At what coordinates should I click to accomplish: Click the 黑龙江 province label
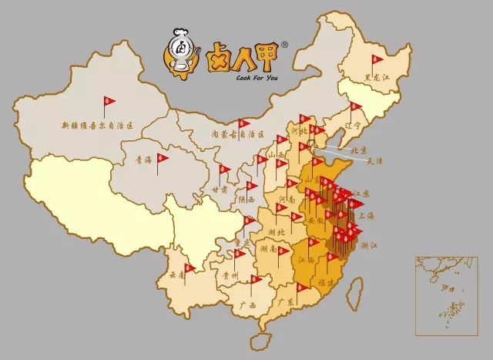pyautogui.click(x=378, y=78)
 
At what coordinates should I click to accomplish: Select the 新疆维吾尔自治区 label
pyautogui.click(x=98, y=123)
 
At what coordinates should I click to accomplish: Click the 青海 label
pyautogui.click(x=143, y=160)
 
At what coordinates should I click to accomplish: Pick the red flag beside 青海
pyautogui.click(x=163, y=158)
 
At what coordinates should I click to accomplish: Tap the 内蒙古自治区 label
pyautogui.click(x=239, y=133)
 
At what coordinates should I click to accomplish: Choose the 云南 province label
pyautogui.click(x=176, y=274)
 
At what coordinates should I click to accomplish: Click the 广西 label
pyautogui.click(x=248, y=305)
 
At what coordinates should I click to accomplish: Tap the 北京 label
pyautogui.click(x=358, y=150)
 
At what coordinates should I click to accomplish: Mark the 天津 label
pyautogui.click(x=374, y=162)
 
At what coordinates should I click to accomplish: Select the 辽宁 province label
pyautogui.click(x=354, y=125)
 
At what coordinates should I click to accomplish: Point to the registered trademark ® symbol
pyautogui.click(x=284, y=45)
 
